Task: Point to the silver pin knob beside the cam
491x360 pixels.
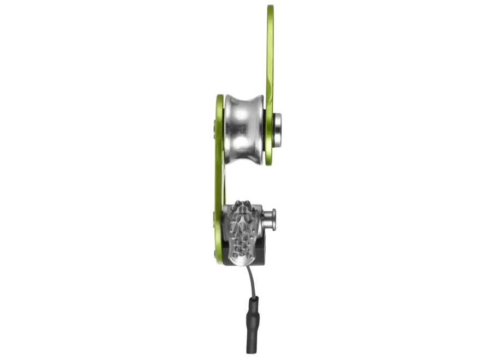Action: click(271, 219)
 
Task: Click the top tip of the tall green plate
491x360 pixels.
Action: click(271, 8)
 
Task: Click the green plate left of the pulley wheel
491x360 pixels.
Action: click(219, 129)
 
